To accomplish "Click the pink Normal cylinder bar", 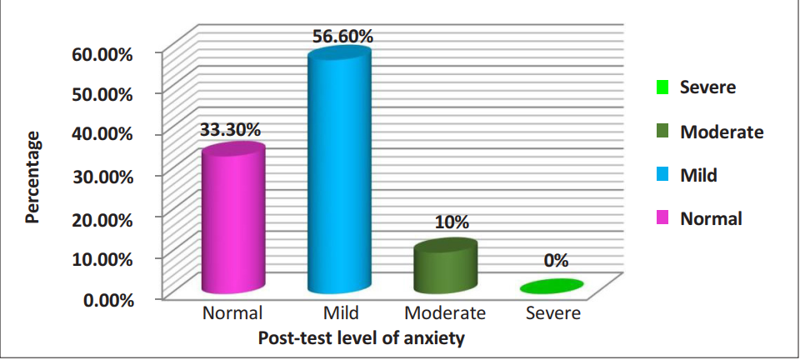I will [x=233, y=221].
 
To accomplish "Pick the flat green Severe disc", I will [x=550, y=287].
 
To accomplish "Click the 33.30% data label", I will [x=229, y=130].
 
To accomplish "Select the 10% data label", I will [x=451, y=222].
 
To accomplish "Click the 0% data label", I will [x=556, y=261].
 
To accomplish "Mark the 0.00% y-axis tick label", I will [x=106, y=299].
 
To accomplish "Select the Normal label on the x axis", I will [x=232, y=314].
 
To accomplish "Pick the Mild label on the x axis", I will [x=341, y=314].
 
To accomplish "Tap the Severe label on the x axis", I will [x=553, y=314].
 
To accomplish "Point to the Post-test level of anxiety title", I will [x=361, y=338].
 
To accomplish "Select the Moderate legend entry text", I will [x=721, y=132].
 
